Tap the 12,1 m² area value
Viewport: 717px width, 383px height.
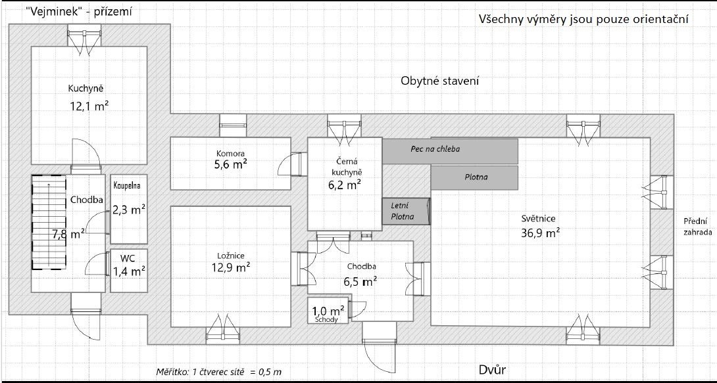pos(89,106)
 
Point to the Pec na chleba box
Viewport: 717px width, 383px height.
pos(451,151)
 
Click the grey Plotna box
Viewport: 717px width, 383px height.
pos(474,177)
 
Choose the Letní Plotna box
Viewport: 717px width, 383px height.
pos(406,212)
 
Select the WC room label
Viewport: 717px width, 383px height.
pos(128,257)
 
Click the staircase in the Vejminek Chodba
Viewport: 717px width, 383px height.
pos(49,222)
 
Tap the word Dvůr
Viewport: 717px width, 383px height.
pos(493,369)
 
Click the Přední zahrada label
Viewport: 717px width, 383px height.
pos(698,227)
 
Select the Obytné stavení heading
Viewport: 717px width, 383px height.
pos(440,81)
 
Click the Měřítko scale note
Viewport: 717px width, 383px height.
pos(219,372)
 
